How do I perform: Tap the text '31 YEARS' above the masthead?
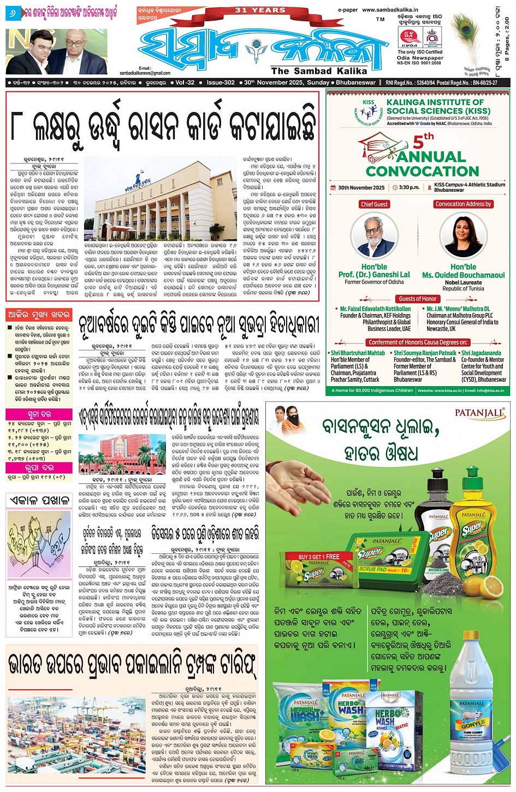click(260, 10)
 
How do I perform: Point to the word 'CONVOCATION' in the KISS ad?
click(422, 170)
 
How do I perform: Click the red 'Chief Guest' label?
click(374, 204)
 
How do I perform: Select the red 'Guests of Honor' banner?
click(418, 299)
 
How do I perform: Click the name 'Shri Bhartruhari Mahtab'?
click(358, 353)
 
